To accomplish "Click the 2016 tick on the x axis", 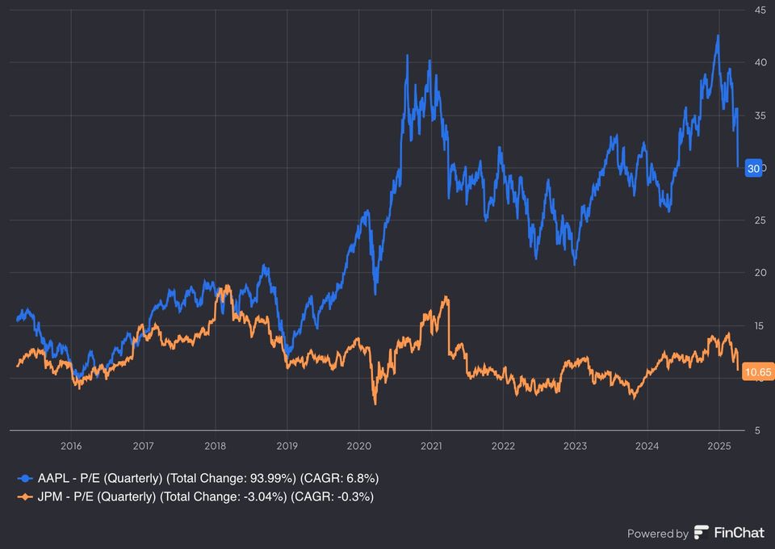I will point(71,445).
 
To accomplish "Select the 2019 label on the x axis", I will point(287,445).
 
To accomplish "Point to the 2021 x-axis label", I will point(430,445).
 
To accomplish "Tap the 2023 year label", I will point(575,445).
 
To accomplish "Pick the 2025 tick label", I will point(718,445).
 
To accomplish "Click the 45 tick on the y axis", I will point(760,10).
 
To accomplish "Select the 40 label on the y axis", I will point(760,62).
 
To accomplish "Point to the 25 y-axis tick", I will point(760,220).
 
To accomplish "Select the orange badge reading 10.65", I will point(757,372).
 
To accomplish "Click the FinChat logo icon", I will point(701,532).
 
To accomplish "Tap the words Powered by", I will point(658,533).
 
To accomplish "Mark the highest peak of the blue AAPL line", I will point(718,36).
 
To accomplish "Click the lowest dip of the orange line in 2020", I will point(375,403).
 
